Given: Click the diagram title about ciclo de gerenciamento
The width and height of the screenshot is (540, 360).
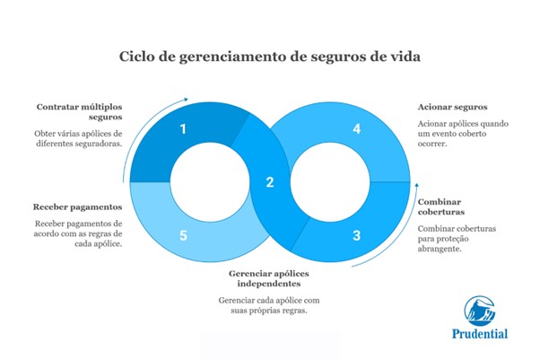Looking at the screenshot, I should tap(269, 57).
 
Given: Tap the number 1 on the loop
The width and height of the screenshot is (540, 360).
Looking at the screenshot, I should tap(183, 129).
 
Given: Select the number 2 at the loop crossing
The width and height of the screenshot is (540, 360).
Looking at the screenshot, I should tap(269, 183).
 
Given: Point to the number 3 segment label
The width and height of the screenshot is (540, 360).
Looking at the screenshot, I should tap(355, 236).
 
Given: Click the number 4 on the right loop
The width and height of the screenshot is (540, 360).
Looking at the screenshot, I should tap(356, 129).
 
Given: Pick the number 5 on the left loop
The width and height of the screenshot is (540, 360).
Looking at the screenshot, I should tap(183, 236).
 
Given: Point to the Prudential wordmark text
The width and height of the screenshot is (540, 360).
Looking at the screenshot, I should tap(479, 334).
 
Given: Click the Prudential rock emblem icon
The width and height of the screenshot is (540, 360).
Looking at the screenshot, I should tap(479, 311).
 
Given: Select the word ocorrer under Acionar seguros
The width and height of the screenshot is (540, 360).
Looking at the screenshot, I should tap(433, 143).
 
